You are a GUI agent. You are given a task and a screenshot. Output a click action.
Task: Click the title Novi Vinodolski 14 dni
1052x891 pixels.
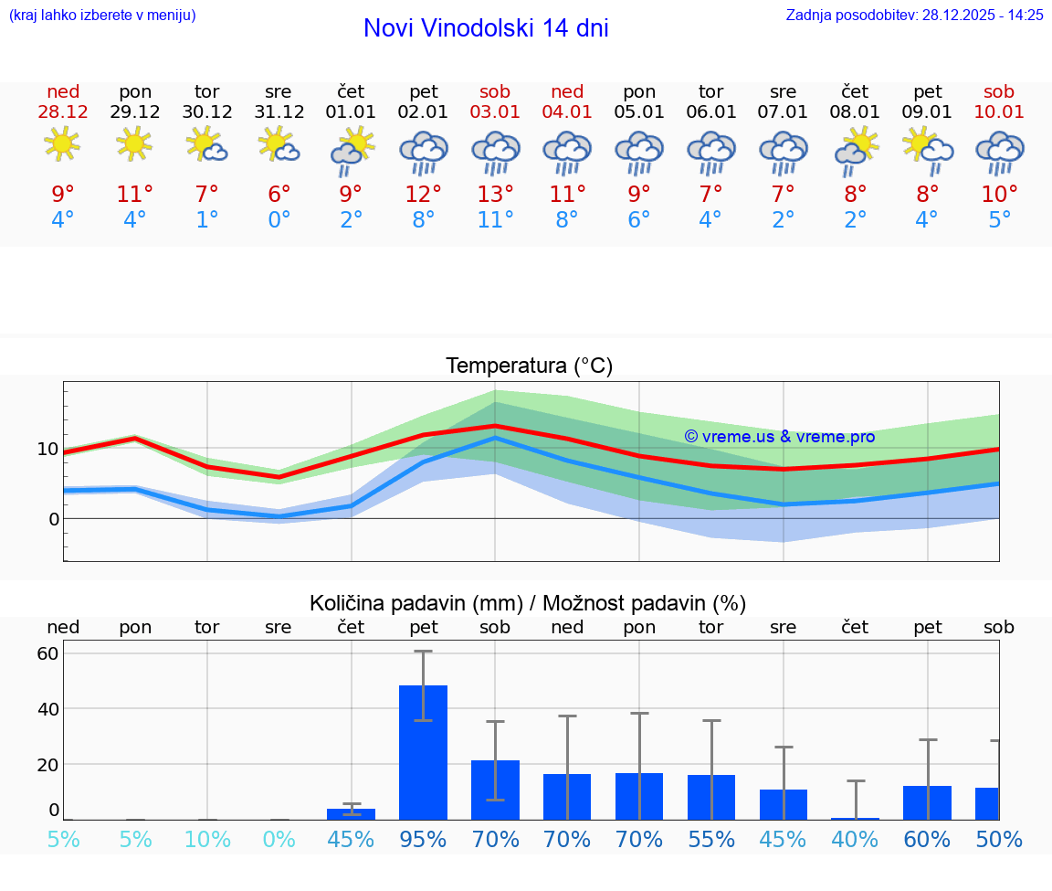[486, 28]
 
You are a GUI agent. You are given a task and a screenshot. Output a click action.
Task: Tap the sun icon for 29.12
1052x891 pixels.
[135, 144]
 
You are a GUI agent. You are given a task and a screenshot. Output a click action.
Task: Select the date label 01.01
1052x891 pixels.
[351, 111]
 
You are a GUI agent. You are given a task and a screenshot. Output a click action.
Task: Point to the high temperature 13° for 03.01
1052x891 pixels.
[495, 195]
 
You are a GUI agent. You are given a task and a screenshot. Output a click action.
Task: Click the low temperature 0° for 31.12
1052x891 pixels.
[279, 220]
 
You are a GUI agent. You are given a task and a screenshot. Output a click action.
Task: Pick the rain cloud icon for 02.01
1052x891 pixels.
[424, 152]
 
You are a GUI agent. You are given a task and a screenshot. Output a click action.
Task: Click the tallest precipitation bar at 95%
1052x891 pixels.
[424, 751]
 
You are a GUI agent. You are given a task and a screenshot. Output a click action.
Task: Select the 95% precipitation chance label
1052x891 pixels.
[424, 840]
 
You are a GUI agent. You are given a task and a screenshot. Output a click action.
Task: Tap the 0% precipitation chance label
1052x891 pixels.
[279, 840]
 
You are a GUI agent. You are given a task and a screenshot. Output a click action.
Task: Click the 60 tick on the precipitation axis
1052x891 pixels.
[47, 653]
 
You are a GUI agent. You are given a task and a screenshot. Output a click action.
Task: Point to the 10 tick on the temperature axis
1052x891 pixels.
[47, 449]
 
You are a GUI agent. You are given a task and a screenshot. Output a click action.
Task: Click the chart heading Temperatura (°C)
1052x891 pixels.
[529, 366]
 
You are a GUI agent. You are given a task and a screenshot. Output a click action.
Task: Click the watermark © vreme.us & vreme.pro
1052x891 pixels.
[780, 437]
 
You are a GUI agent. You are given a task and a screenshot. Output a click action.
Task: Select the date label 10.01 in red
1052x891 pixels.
[999, 111]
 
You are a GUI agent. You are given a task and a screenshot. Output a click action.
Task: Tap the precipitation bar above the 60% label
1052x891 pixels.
[927, 802]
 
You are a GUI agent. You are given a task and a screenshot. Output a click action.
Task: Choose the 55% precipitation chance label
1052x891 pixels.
[711, 840]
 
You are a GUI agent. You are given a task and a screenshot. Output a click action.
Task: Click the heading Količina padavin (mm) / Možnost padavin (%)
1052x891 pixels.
[528, 603]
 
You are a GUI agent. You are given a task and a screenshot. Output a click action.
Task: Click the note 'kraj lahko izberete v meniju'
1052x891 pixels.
[102, 15]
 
